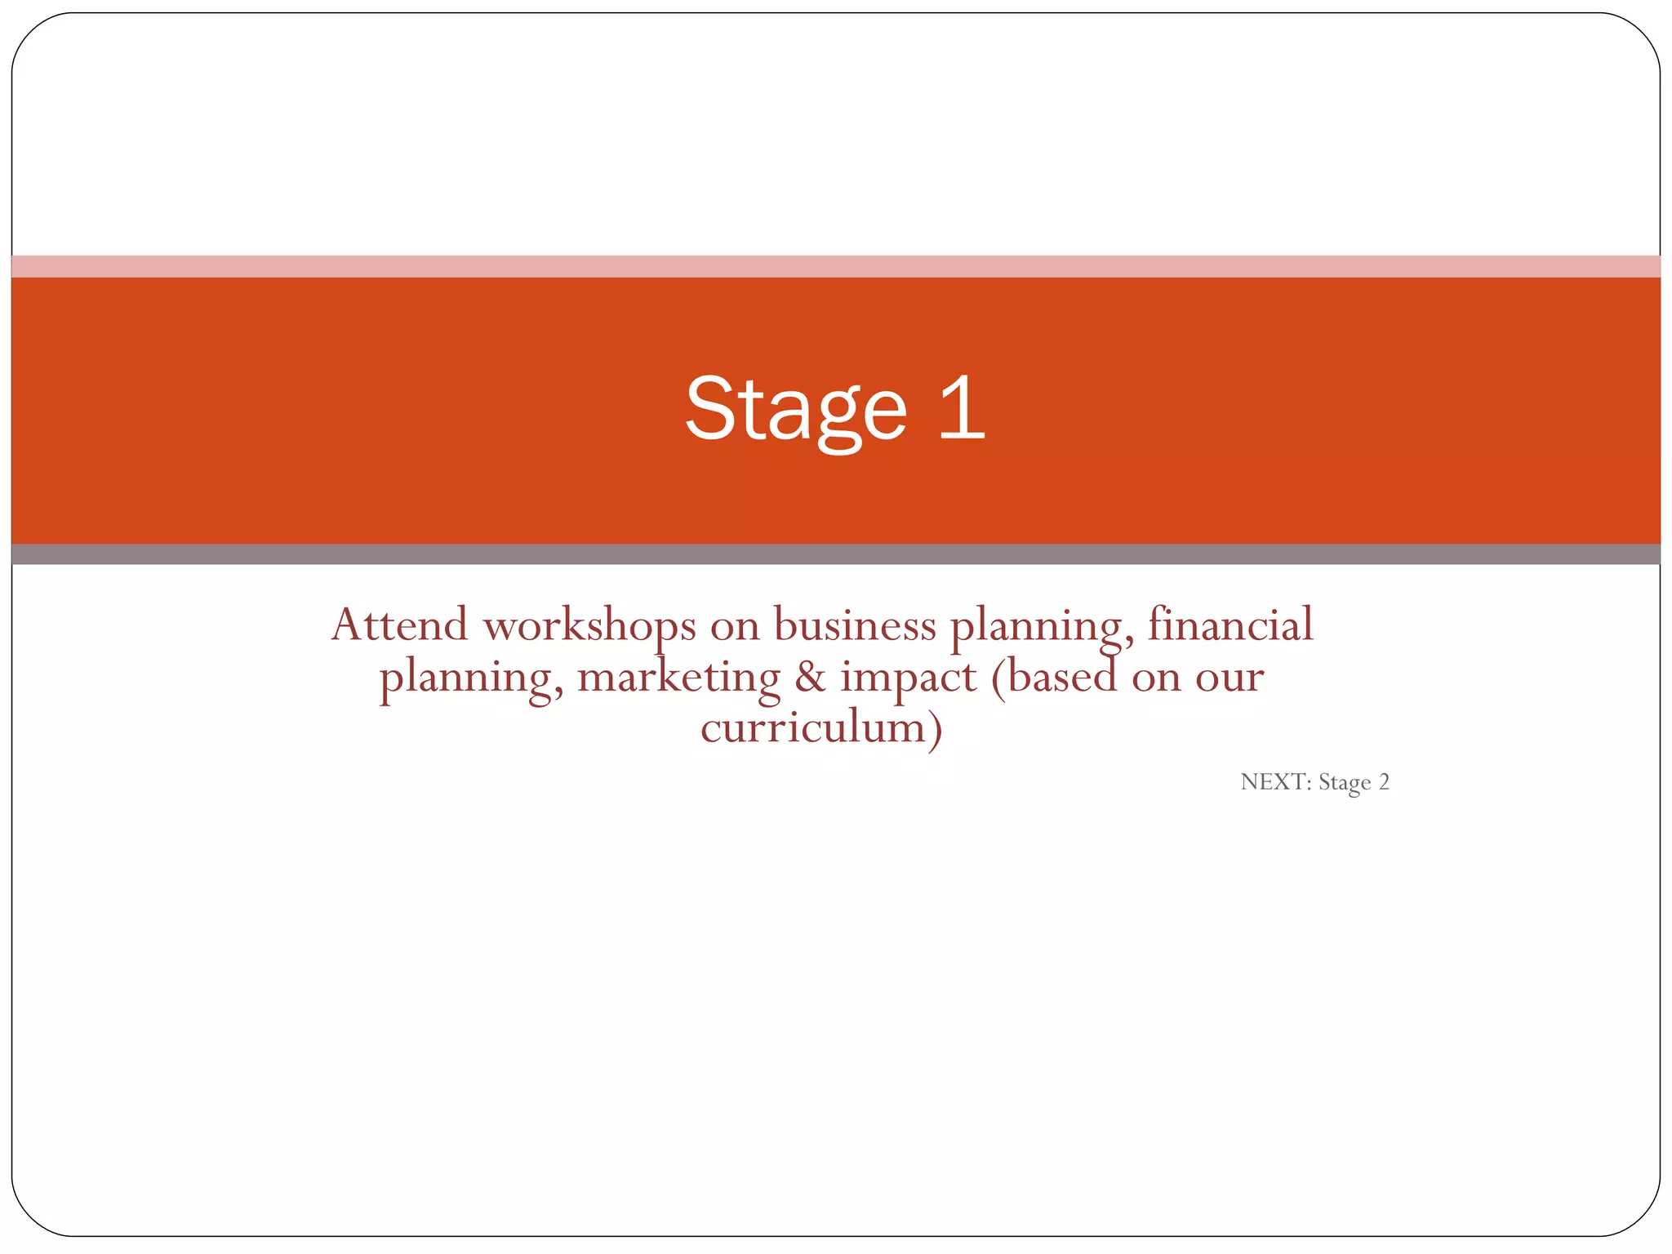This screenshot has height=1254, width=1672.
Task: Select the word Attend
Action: click(399, 625)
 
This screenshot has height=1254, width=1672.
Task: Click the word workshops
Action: click(589, 625)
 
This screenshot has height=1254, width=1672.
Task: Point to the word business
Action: click(855, 625)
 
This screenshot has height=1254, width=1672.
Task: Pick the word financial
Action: click(1230, 625)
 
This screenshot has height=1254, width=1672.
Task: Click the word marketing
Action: click(678, 678)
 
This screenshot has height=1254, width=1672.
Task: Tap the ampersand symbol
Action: click(810, 678)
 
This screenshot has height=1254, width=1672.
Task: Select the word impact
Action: click(908, 678)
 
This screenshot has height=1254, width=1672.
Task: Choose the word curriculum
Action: click(813, 727)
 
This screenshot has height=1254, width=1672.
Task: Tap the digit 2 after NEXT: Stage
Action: click(1384, 782)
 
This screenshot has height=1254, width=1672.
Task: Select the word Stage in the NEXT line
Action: click(1344, 783)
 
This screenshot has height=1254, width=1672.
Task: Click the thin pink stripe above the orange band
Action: click(836, 266)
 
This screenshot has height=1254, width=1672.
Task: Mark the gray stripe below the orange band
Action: click(836, 554)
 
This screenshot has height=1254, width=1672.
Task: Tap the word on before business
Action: click(735, 627)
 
